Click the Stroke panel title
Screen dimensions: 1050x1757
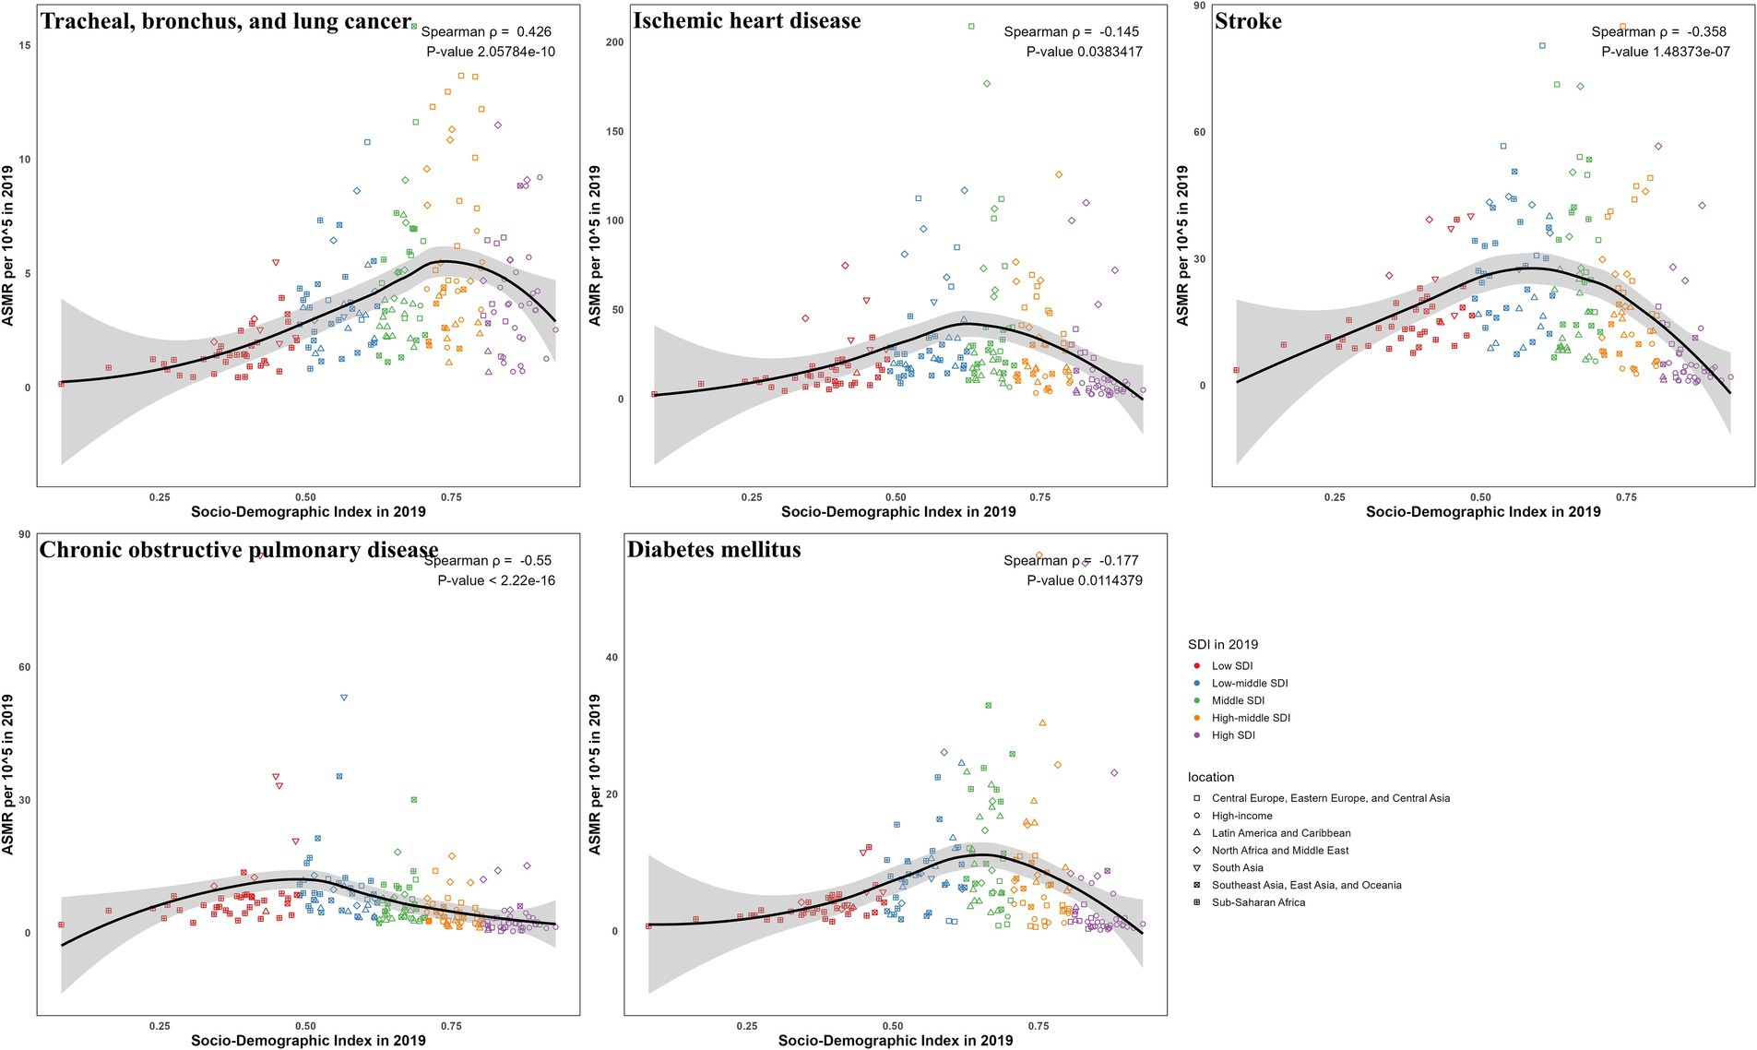click(x=1248, y=21)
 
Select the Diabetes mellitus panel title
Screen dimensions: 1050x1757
click(x=714, y=550)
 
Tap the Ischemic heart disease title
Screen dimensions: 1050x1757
click(x=746, y=21)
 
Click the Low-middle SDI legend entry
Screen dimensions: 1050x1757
click(x=1249, y=684)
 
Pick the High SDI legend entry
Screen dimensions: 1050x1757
click(x=1232, y=736)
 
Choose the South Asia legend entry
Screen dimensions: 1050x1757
click(x=1237, y=868)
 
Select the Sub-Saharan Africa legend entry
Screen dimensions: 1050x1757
click(x=1257, y=903)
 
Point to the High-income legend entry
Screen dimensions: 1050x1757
click(x=1241, y=817)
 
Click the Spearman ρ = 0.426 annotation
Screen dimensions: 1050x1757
click(x=486, y=32)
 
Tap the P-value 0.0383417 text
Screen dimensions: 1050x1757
click(x=1084, y=53)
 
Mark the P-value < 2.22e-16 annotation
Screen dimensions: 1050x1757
click(x=496, y=581)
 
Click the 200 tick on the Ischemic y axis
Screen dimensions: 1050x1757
click(x=614, y=42)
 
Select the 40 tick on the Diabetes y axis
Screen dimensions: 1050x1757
click(x=611, y=658)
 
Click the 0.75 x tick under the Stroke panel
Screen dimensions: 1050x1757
click(x=1625, y=497)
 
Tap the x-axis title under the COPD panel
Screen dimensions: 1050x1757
click(x=308, y=1041)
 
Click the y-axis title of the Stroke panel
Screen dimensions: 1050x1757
click(x=1183, y=245)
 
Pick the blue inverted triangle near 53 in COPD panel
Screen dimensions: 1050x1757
click(x=344, y=698)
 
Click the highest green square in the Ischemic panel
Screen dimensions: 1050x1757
click(x=971, y=27)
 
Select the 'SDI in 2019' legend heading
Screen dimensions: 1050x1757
click(x=1222, y=645)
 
